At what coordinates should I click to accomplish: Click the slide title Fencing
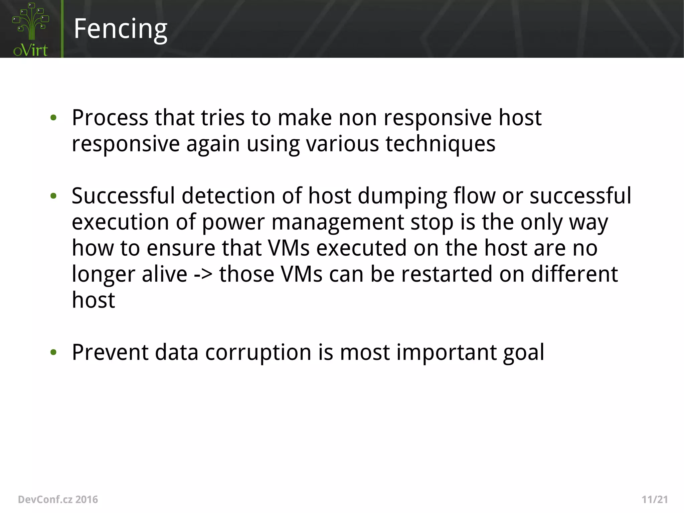coord(120,29)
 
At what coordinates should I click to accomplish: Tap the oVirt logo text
coord(30,50)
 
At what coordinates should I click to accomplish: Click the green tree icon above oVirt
coord(31,21)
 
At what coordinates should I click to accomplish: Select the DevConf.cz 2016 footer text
coord(58,499)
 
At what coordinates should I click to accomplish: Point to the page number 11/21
coord(655,499)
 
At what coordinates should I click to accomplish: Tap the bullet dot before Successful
coord(53,196)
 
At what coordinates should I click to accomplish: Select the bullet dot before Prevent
coord(53,352)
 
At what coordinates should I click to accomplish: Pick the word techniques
coord(440,144)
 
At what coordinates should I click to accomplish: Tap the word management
coord(338,222)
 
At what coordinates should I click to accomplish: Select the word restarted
coord(447,274)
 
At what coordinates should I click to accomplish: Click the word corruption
coord(258,352)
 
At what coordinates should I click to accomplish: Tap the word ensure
coord(181,248)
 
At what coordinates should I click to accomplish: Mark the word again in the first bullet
coord(213,144)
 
